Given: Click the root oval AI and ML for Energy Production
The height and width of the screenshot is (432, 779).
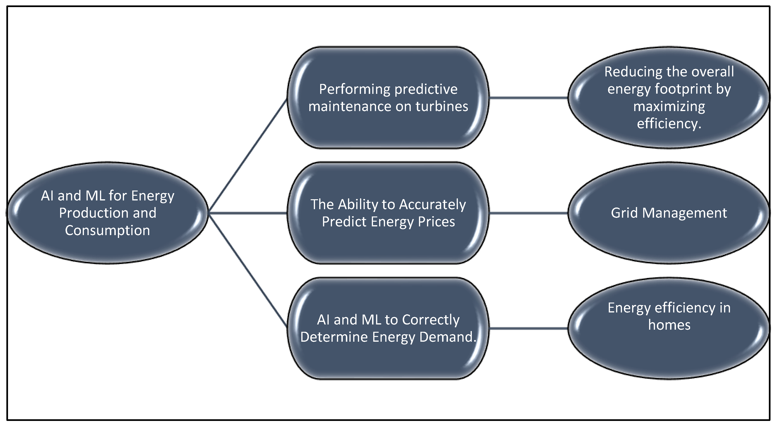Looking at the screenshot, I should (x=107, y=213).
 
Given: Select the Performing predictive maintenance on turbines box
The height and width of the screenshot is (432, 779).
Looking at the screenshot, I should (x=388, y=98).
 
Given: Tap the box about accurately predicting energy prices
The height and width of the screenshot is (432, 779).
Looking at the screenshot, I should (x=388, y=213).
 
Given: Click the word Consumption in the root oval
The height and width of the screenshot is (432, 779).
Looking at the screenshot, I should (x=107, y=231).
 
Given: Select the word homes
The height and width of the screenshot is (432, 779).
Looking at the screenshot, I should (x=669, y=325).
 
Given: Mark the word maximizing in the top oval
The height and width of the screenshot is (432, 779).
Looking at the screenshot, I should (x=669, y=107).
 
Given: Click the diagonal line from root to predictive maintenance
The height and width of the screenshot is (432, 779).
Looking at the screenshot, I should (x=247, y=156).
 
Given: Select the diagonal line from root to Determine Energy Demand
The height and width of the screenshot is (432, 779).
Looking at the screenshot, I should (x=247, y=270).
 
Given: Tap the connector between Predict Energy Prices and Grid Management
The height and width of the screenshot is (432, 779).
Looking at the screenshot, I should (x=528, y=213).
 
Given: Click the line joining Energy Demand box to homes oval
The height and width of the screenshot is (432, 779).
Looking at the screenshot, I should (x=528, y=328).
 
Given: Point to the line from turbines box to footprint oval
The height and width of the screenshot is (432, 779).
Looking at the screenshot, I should (x=528, y=98).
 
